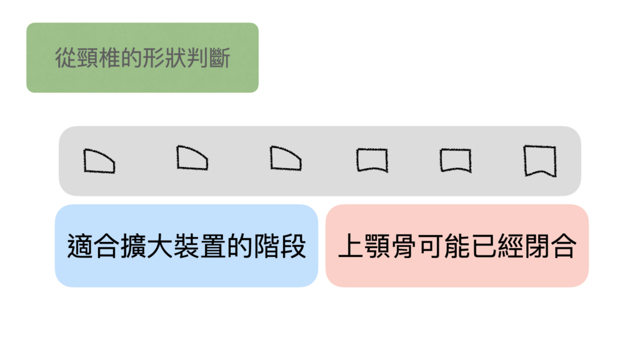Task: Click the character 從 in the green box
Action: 66,57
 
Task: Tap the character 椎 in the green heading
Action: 109,57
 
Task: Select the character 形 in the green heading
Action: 153,57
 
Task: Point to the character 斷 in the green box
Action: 219,57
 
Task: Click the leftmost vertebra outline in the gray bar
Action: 84,161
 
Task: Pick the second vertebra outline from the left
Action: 177,157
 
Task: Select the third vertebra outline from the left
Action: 271,158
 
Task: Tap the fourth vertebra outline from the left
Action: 357,160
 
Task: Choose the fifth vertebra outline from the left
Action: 441,160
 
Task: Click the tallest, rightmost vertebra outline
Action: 525,161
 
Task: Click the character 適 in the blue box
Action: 81,246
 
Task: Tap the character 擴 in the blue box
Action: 134,246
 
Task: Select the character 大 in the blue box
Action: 160,246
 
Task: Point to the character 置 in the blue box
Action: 213,246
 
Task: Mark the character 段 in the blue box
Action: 292,246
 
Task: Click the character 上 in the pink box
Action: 351,246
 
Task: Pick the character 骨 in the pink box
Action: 404,246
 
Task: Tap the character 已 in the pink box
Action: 484,246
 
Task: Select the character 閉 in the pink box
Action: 537,246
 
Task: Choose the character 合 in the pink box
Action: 564,246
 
